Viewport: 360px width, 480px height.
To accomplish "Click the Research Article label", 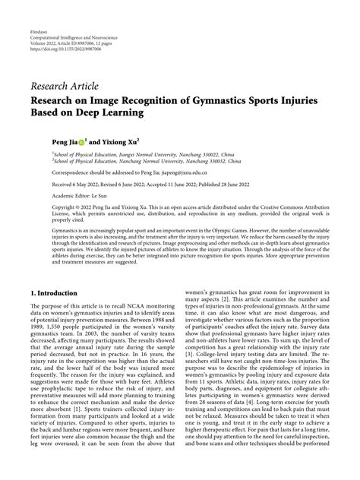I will (65, 87).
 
